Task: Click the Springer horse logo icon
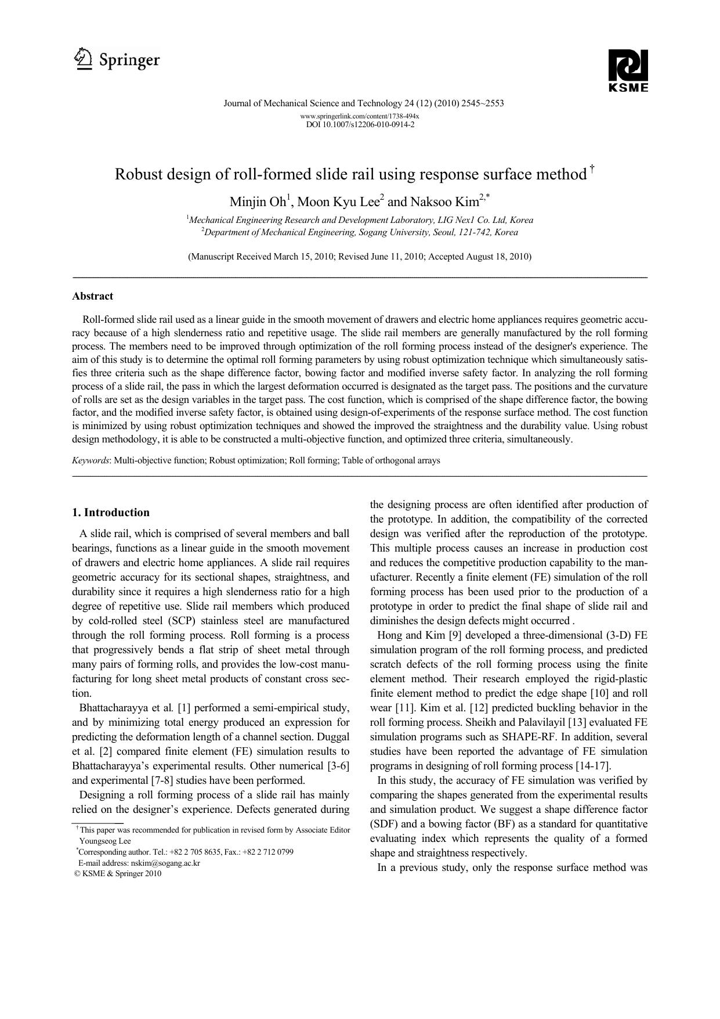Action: coord(84,59)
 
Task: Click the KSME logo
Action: coord(628,70)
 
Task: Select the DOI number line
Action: coord(360,124)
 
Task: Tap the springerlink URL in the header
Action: coord(360,116)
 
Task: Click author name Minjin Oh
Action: coord(258,202)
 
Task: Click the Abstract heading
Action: coord(92,296)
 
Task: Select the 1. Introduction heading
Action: coord(110,512)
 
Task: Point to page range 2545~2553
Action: coord(483,103)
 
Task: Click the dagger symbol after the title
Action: coord(592,169)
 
